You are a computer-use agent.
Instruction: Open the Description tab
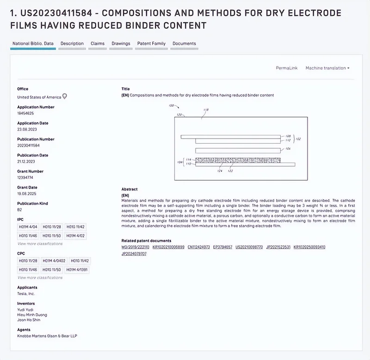coord(72,43)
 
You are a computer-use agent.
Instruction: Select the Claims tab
coord(97,43)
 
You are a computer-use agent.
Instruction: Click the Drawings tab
coord(121,43)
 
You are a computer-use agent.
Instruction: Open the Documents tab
coord(184,43)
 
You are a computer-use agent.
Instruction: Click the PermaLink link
coord(286,68)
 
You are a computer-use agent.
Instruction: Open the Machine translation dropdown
coord(327,68)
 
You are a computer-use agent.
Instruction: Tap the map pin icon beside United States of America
coord(65,96)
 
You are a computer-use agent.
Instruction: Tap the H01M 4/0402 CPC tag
coord(53,261)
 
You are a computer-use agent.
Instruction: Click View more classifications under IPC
coord(40,244)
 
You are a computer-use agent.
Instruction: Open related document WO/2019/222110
coord(135,247)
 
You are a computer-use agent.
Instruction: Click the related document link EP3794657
coord(223,247)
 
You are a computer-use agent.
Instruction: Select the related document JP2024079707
coord(134,254)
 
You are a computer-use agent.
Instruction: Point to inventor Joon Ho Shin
coord(29,320)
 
